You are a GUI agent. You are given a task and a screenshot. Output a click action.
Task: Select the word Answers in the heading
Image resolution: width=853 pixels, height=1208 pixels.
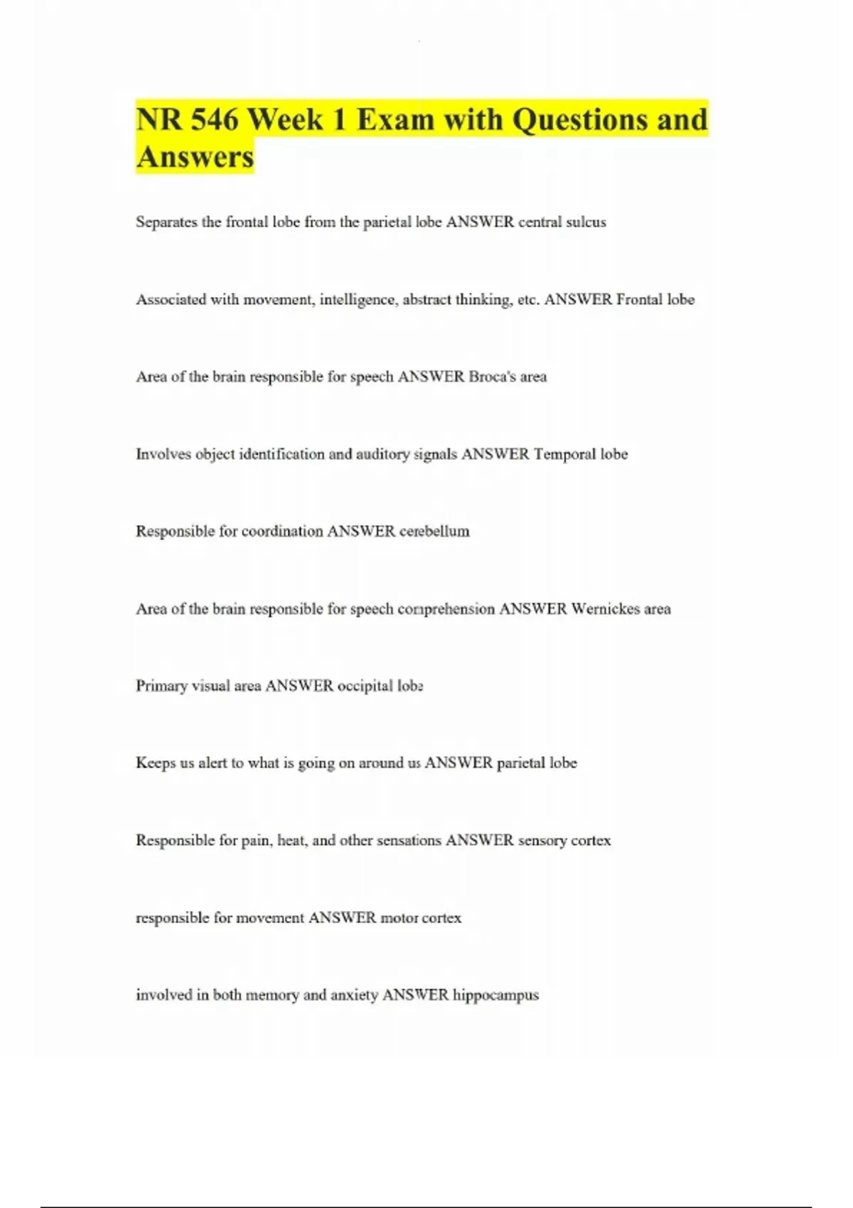pos(195,157)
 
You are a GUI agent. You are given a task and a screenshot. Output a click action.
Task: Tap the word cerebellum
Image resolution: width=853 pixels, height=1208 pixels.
pos(434,532)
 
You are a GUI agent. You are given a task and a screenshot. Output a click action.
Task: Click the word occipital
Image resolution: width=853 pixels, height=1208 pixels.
pos(365,686)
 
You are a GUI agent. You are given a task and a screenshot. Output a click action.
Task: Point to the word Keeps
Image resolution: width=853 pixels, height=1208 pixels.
pos(155,763)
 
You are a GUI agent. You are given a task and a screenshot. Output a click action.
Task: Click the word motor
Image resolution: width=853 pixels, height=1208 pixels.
pos(399,918)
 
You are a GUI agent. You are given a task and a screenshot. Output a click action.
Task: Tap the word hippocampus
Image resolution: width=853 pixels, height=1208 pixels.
pos(495,996)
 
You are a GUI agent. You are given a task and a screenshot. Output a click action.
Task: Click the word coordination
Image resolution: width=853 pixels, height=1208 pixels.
pos(282,532)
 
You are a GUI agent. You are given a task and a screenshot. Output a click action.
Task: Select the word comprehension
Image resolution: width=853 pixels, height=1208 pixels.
pos(446,609)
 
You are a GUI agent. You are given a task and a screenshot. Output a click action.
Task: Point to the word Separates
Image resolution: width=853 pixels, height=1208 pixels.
pos(166,222)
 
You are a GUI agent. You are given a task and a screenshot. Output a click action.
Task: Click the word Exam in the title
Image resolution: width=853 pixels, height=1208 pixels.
pos(395,119)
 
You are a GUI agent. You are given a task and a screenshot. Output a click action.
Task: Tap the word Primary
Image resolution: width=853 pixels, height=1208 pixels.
pos(161,686)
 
